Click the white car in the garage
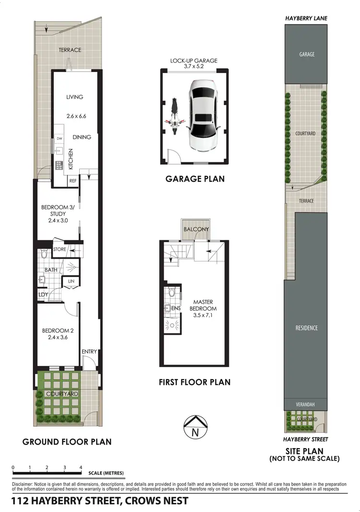(x=204, y=115)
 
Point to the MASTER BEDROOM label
(x=203, y=305)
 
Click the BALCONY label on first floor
(x=196, y=229)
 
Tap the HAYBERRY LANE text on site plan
(x=307, y=18)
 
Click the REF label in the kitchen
(x=73, y=181)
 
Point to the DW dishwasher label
(x=60, y=139)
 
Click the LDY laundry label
(x=43, y=294)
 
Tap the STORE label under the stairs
(x=60, y=249)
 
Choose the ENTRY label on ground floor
(x=89, y=352)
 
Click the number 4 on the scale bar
(x=81, y=467)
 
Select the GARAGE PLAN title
(x=195, y=179)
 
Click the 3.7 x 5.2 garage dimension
(x=194, y=67)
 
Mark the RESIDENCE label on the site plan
(x=307, y=328)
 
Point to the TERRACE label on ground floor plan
(x=70, y=49)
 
